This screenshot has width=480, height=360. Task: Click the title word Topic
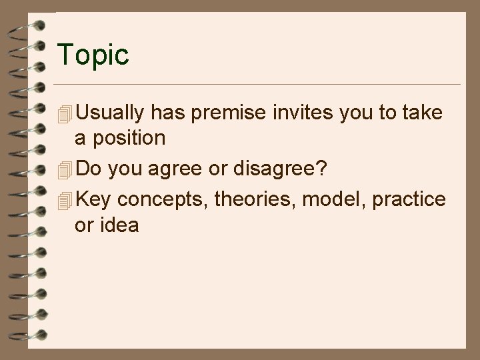(x=93, y=55)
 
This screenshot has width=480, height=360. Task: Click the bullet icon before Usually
(x=65, y=115)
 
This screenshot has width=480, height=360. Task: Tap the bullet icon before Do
(x=65, y=171)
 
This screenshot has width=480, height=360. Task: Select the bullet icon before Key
(x=65, y=202)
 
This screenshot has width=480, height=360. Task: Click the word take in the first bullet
(x=423, y=113)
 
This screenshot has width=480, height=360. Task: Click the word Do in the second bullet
(x=89, y=169)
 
